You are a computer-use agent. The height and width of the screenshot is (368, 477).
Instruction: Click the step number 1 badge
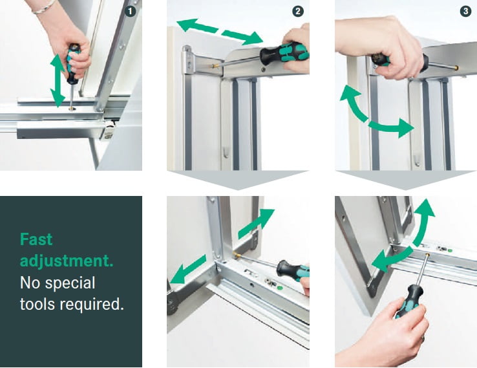tap(130, 12)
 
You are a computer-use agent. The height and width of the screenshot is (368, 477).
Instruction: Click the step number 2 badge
tap(298, 12)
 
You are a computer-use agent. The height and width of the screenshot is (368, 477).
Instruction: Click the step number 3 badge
tap(465, 12)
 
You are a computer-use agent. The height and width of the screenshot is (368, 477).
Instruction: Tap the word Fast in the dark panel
tap(36, 239)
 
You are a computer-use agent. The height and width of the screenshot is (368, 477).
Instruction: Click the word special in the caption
tap(70, 283)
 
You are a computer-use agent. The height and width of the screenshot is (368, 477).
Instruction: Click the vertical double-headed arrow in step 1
tap(58, 80)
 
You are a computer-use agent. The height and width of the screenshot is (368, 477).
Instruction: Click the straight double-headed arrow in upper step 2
tap(220, 32)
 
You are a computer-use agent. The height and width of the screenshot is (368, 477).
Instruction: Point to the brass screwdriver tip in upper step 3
tap(456, 67)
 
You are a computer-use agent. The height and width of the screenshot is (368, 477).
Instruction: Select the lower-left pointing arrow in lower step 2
tap(188, 269)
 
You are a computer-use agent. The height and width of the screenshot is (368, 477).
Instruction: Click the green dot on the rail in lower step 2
tap(280, 287)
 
